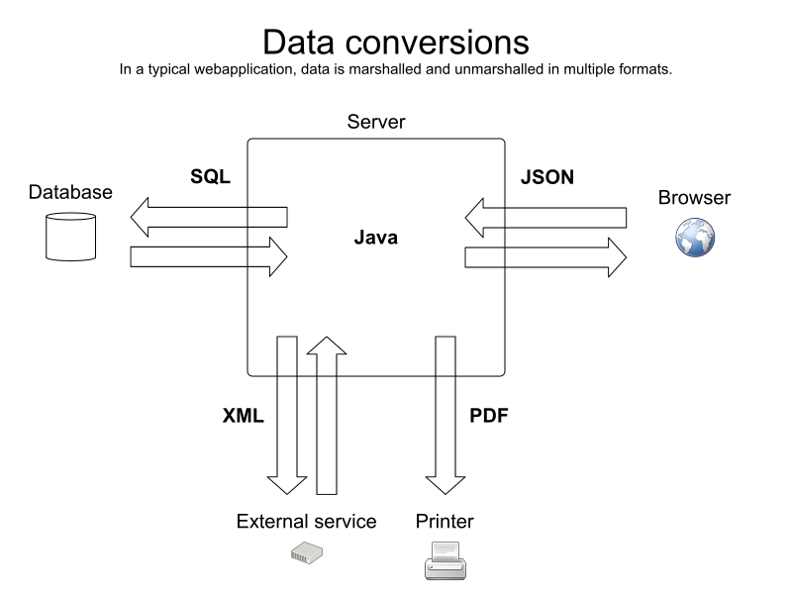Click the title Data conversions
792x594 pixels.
point(396,42)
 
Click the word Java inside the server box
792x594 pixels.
point(375,238)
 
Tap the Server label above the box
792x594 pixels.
point(375,122)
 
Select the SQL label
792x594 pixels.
point(210,178)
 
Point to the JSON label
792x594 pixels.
point(546,178)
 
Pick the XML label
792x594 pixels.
point(243,416)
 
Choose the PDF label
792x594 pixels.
point(488,416)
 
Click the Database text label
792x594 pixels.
point(70,192)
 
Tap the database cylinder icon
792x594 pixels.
point(70,236)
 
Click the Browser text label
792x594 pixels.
point(694,198)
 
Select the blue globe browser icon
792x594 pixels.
point(694,239)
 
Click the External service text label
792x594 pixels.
point(306,521)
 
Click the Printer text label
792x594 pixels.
point(445,521)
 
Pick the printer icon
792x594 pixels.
point(445,560)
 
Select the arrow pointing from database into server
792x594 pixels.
point(208,257)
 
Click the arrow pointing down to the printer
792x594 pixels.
point(445,416)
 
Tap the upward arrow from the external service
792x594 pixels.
point(327,416)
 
